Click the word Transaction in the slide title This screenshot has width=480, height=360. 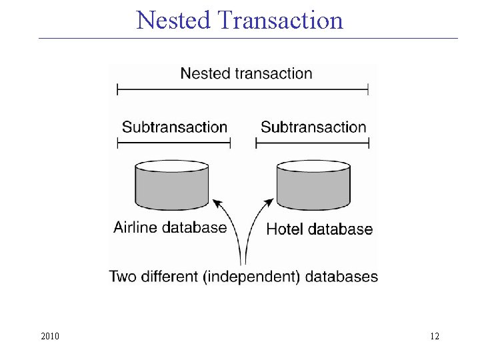coord(280,20)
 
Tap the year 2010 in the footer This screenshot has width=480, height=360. coord(50,336)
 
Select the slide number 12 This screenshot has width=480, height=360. coord(435,336)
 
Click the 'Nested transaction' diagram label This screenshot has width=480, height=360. coord(246,73)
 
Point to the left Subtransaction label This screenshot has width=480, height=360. coord(175,127)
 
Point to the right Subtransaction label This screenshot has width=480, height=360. coord(313,127)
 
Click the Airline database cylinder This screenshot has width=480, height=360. coord(172,185)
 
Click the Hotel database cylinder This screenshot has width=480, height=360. coord(313,185)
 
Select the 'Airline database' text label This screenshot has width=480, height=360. coord(170,227)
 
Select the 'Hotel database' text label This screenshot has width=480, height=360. coord(319,229)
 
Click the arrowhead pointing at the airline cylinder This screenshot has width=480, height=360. coord(215,201)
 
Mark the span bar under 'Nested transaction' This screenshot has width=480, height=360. coord(243,89)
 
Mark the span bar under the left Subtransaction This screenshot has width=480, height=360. coord(173,143)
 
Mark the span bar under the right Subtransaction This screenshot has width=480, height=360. coord(312,143)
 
